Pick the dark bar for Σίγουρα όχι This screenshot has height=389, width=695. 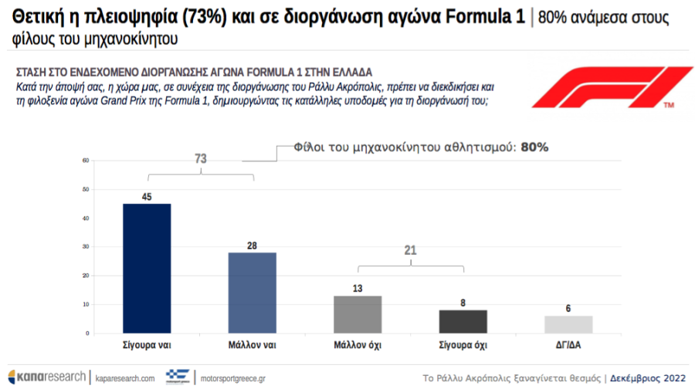[x=463, y=321]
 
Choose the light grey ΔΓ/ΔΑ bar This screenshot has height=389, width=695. [x=568, y=324]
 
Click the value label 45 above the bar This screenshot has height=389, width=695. [x=147, y=197]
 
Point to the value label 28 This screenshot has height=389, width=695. [x=253, y=245]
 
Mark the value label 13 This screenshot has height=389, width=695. [x=358, y=289]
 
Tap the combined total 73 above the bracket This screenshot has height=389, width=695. [x=201, y=158]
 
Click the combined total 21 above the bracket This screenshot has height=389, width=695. [x=410, y=250]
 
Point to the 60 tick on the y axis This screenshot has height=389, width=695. [x=86, y=161]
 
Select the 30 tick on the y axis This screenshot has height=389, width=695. [x=86, y=247]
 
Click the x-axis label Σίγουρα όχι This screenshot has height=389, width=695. [x=463, y=344]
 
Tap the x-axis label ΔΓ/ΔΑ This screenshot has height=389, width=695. [x=568, y=344]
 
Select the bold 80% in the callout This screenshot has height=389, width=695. [x=534, y=147]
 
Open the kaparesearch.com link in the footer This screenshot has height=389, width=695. [x=126, y=378]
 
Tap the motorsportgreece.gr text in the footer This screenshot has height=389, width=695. [x=232, y=378]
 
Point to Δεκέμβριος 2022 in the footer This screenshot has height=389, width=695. [x=647, y=378]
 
